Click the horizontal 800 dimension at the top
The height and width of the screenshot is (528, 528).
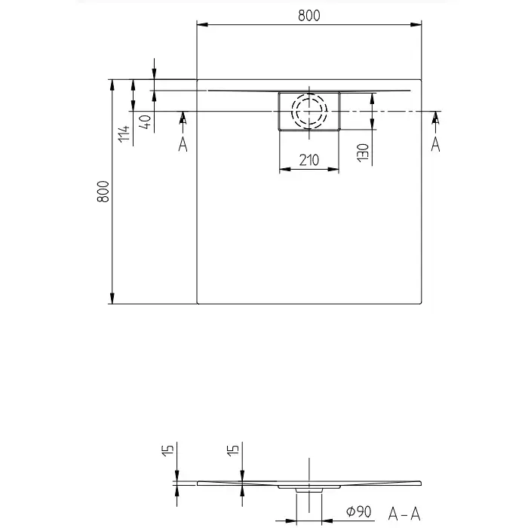(309, 16)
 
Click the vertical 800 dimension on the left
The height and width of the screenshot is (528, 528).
(103, 192)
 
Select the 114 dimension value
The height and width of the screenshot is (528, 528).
(124, 134)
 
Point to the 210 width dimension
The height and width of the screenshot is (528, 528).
(309, 160)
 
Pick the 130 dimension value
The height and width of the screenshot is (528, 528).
(363, 152)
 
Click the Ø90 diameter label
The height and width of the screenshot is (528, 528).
(358, 512)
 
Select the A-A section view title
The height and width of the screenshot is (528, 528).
(404, 514)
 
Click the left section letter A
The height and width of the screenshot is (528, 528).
(183, 145)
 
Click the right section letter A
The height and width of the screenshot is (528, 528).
(435, 145)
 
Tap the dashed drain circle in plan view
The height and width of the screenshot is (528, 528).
(309, 111)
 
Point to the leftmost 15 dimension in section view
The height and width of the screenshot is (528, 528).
(167, 451)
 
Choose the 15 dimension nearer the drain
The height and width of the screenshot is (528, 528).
(233, 451)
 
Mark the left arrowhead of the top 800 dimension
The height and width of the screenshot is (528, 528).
(202, 25)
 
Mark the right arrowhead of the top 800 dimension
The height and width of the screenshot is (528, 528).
(416, 25)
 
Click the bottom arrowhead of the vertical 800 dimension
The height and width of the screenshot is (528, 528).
(112, 299)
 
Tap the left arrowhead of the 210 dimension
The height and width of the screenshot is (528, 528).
(285, 169)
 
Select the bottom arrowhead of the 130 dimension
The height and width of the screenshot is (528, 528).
(372, 124)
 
